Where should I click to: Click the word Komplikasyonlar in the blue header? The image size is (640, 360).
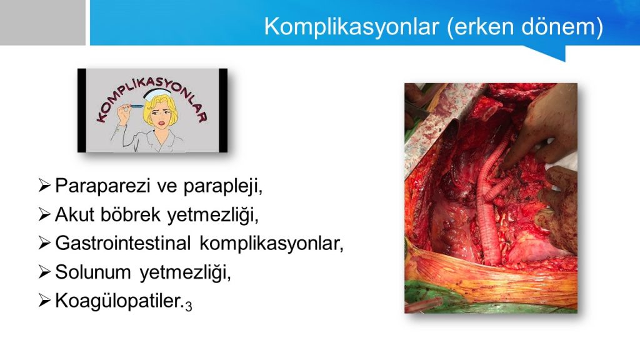[x=351, y=26]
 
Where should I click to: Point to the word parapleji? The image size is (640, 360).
[x=222, y=186]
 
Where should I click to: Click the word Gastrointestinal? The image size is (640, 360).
[x=123, y=243]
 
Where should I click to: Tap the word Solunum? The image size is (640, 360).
[x=93, y=272]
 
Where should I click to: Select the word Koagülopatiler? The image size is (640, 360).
[x=119, y=301]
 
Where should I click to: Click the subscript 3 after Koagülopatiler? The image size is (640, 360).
[x=188, y=306]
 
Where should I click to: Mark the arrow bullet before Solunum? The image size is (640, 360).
[x=44, y=271]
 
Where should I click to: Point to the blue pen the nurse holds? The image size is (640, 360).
[x=134, y=106]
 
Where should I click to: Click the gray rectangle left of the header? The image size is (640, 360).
[x=42, y=22]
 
